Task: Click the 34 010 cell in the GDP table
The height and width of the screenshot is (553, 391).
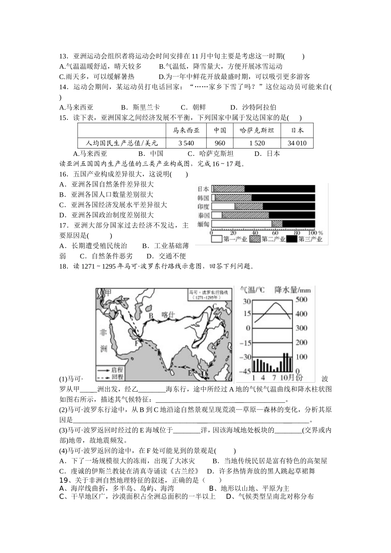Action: [297, 143]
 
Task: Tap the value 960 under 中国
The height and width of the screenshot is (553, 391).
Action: [220, 143]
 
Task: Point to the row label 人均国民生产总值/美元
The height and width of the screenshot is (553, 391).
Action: [122, 143]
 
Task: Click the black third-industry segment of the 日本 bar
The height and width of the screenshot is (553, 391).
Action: [280, 189]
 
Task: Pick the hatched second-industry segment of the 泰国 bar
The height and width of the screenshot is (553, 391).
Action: [245, 215]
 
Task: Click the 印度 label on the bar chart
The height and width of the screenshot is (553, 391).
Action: [203, 207]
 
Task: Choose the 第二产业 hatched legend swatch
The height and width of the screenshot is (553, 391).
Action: [255, 239]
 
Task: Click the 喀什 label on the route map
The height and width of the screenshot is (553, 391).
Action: [168, 315]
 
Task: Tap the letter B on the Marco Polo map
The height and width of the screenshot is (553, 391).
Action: [151, 316]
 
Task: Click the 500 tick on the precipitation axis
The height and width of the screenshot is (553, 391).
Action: [302, 299]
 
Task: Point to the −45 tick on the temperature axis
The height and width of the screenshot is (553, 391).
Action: [245, 371]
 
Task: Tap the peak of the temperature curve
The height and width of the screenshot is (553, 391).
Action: [275, 304]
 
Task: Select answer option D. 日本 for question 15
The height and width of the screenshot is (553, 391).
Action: [267, 153]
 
